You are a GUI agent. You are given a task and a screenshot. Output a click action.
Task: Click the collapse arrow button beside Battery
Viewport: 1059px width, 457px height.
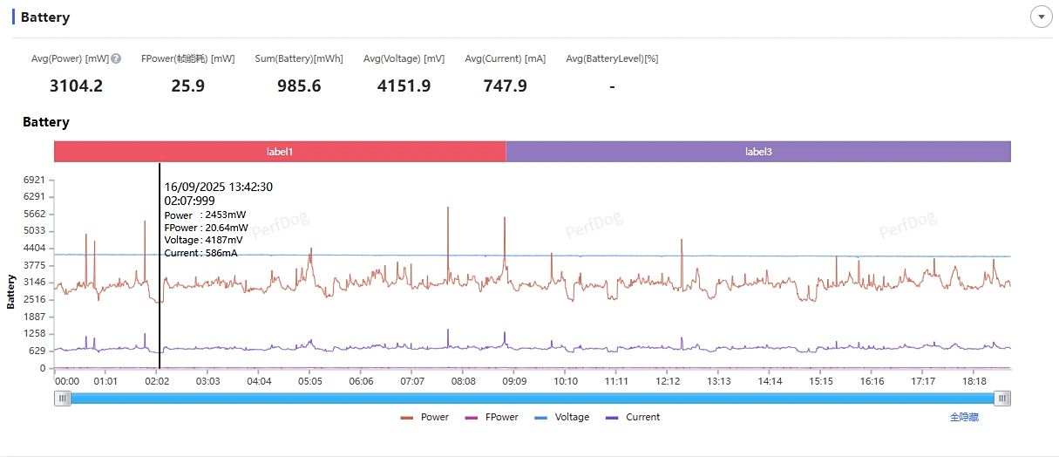(x=1041, y=17)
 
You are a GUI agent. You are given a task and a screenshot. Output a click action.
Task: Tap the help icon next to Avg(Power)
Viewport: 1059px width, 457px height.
(x=116, y=58)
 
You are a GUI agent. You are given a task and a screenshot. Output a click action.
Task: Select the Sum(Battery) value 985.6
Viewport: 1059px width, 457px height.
(x=299, y=85)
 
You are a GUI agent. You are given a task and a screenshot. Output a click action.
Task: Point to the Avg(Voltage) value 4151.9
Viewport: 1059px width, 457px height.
(x=404, y=85)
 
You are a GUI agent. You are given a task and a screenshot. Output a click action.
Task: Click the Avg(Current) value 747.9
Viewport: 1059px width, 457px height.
(x=505, y=85)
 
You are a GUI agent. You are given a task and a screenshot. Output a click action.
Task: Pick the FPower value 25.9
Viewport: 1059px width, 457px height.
(x=187, y=85)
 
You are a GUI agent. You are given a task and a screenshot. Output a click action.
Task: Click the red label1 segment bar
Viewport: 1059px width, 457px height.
(x=280, y=152)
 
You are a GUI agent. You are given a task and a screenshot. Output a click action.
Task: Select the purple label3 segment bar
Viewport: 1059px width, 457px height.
(x=758, y=152)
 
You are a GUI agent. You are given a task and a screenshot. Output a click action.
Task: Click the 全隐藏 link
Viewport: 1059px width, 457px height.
(x=964, y=417)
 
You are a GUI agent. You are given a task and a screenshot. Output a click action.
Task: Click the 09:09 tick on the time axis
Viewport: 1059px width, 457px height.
(x=514, y=381)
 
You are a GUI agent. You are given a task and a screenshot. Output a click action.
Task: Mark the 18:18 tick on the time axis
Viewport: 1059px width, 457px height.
(x=974, y=381)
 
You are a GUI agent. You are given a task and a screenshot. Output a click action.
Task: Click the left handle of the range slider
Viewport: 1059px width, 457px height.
(x=62, y=399)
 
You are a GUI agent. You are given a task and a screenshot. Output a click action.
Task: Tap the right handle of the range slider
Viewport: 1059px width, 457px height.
(x=1003, y=399)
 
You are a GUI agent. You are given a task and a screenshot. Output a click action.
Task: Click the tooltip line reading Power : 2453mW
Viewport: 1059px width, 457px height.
(x=205, y=215)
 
